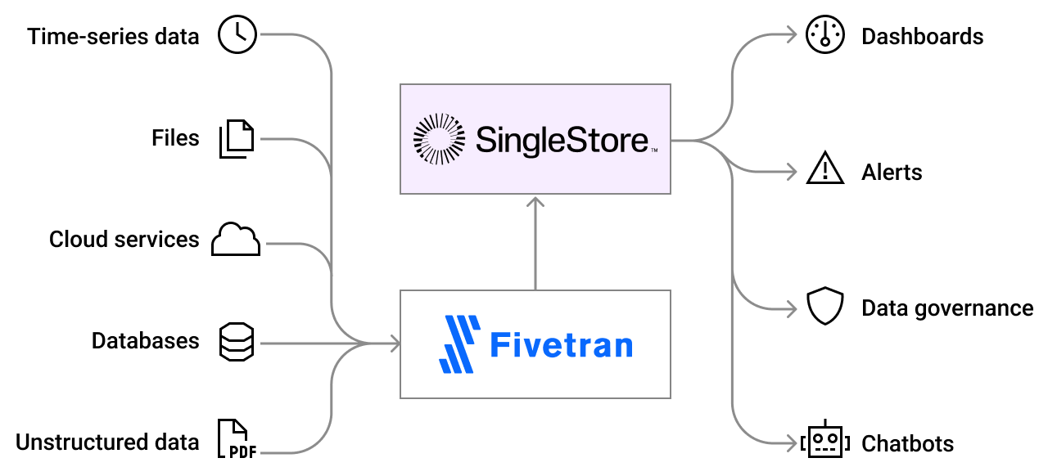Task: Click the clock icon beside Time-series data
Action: coord(237,36)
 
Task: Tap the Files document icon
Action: coord(237,138)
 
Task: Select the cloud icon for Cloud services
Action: coord(236,239)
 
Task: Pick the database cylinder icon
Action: coord(237,341)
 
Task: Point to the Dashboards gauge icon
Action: coord(824,36)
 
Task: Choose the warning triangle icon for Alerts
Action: coord(824,169)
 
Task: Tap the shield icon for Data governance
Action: coord(824,307)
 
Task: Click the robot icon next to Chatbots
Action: coord(824,442)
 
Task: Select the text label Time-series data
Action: coord(113,37)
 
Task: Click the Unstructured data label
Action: coord(107,442)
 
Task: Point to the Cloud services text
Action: coord(124,240)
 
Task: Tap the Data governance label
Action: coord(947,308)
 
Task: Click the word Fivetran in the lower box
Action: coord(561,344)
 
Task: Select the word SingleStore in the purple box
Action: coord(562,139)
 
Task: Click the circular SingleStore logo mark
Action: coord(438,139)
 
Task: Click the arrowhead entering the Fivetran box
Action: coord(395,344)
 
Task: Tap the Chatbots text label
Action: coord(907,444)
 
